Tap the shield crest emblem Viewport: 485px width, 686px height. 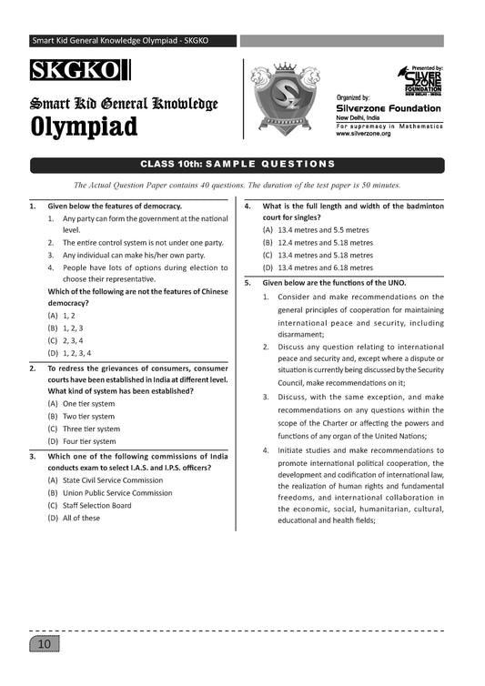pyautogui.click(x=286, y=96)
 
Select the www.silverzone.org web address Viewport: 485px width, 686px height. pyautogui.click(x=363, y=134)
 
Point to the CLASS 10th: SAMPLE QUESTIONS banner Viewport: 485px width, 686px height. pyautogui.click(x=237, y=164)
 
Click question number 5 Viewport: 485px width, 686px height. pyautogui.click(x=248, y=283)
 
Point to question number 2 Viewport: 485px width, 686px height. pyautogui.click(x=33, y=368)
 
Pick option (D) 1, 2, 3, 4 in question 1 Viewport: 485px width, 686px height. pyautogui.click(x=70, y=352)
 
